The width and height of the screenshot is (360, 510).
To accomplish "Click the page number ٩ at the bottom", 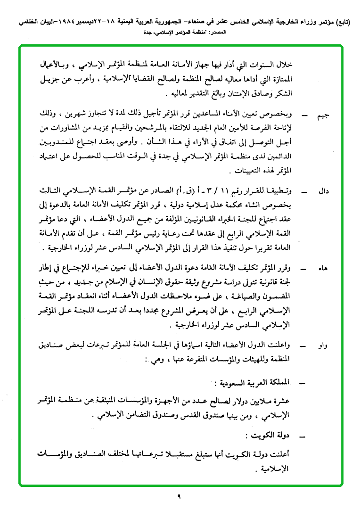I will (180, 496).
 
